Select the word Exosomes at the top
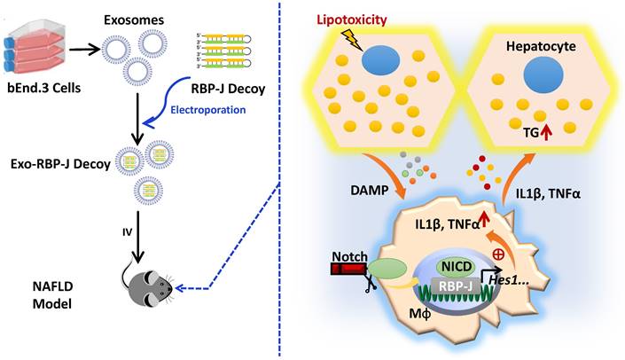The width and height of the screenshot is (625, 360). click(x=134, y=15)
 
